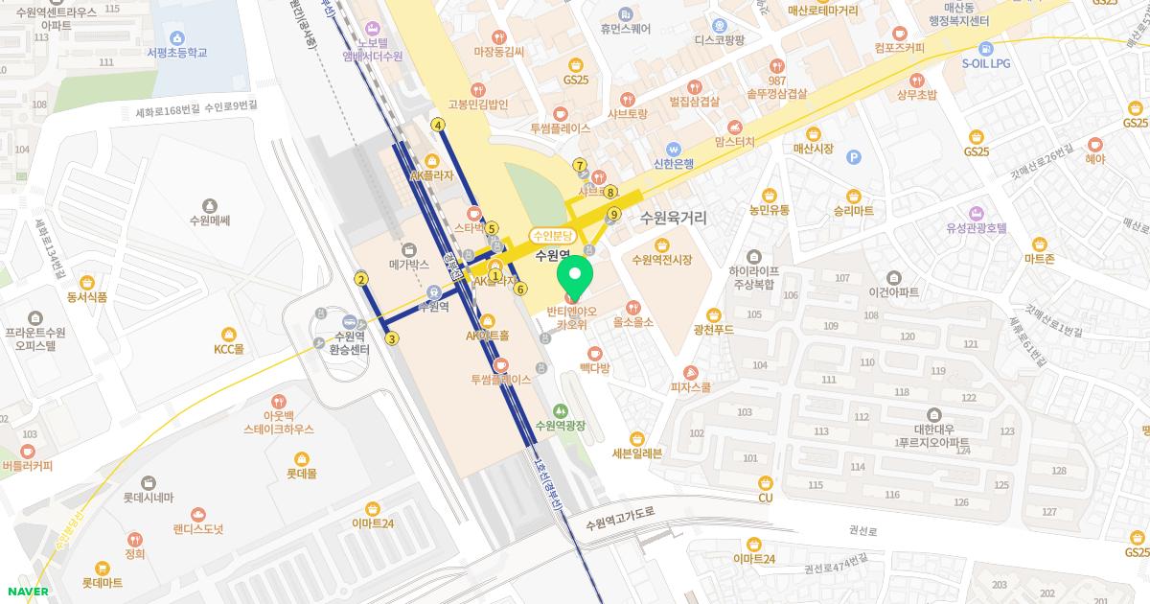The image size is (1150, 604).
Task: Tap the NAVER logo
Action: tap(26, 592)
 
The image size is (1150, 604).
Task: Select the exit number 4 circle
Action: tap(438, 125)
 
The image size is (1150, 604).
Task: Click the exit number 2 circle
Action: tap(361, 280)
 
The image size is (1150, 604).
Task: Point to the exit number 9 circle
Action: tap(613, 215)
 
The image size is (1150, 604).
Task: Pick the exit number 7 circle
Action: tap(580, 165)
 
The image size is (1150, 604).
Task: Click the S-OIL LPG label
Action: tap(986, 63)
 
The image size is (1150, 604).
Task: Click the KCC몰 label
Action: tap(229, 348)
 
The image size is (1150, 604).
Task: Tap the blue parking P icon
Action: tap(854, 157)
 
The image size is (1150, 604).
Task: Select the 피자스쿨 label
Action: tap(690, 387)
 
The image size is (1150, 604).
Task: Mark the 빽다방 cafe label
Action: tap(594, 368)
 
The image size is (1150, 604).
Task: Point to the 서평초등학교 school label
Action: tap(177, 53)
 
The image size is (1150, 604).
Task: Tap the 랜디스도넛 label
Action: tap(197, 528)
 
